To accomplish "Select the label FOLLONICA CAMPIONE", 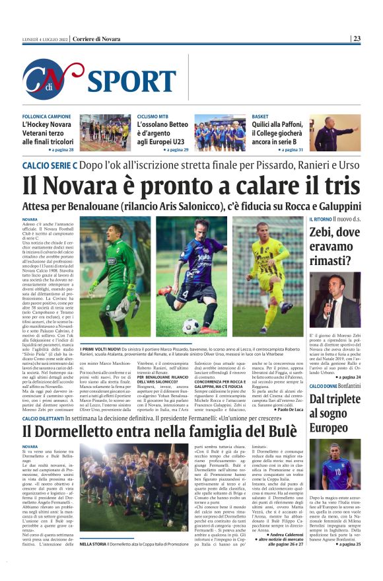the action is [46, 116].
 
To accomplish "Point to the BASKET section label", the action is [260, 116].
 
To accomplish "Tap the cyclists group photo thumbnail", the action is [220, 133].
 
